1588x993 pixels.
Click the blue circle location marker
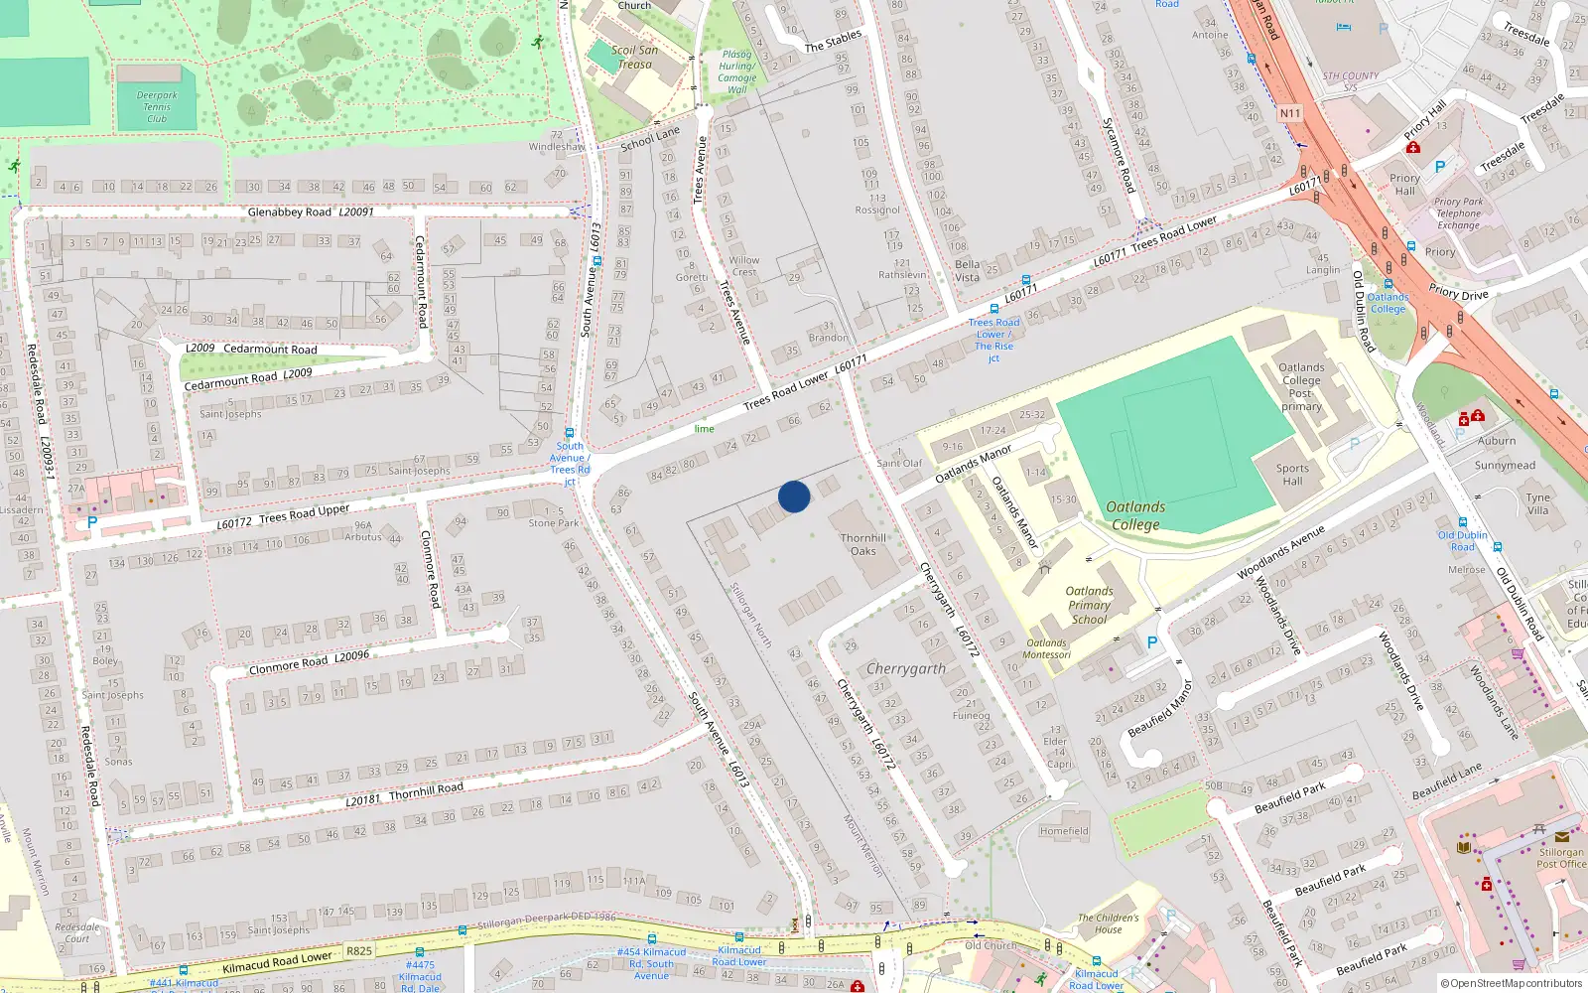pyautogui.click(x=794, y=496)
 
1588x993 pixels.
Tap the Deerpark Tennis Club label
pyautogui.click(x=157, y=107)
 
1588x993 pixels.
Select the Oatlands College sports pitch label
pyautogui.click(x=1135, y=515)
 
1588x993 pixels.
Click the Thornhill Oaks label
pyautogui.click(x=863, y=544)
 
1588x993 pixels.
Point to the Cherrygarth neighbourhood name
pyautogui.click(x=905, y=669)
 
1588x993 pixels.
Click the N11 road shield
pyautogui.click(x=1289, y=113)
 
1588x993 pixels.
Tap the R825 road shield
pyautogui.click(x=359, y=951)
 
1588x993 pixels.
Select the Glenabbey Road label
pyautogui.click(x=290, y=213)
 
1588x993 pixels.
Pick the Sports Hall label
pyautogui.click(x=1292, y=475)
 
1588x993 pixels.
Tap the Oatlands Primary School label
pyautogui.click(x=1089, y=605)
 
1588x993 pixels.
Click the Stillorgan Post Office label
pyautogui.click(x=1561, y=858)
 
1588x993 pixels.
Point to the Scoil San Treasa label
pyautogui.click(x=634, y=57)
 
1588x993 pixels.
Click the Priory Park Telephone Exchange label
pyautogui.click(x=1458, y=213)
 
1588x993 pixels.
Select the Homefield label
pyautogui.click(x=1064, y=831)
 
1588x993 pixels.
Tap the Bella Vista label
pyautogui.click(x=967, y=271)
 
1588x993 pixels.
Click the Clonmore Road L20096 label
pyautogui.click(x=309, y=661)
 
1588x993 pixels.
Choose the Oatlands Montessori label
pyautogui.click(x=1046, y=649)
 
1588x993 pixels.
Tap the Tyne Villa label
pyautogui.click(x=1537, y=504)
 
